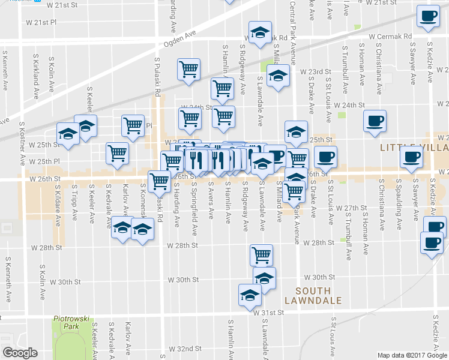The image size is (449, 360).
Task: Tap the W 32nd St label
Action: (x=184, y=349)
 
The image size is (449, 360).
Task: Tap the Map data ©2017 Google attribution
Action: (x=412, y=355)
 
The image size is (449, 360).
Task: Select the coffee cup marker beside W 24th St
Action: (x=375, y=121)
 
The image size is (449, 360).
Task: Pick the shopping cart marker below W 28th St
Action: (x=261, y=255)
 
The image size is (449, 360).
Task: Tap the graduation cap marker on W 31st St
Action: (x=250, y=295)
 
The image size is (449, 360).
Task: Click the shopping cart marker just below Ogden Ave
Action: (x=188, y=69)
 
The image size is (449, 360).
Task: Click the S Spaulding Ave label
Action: (x=399, y=211)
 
